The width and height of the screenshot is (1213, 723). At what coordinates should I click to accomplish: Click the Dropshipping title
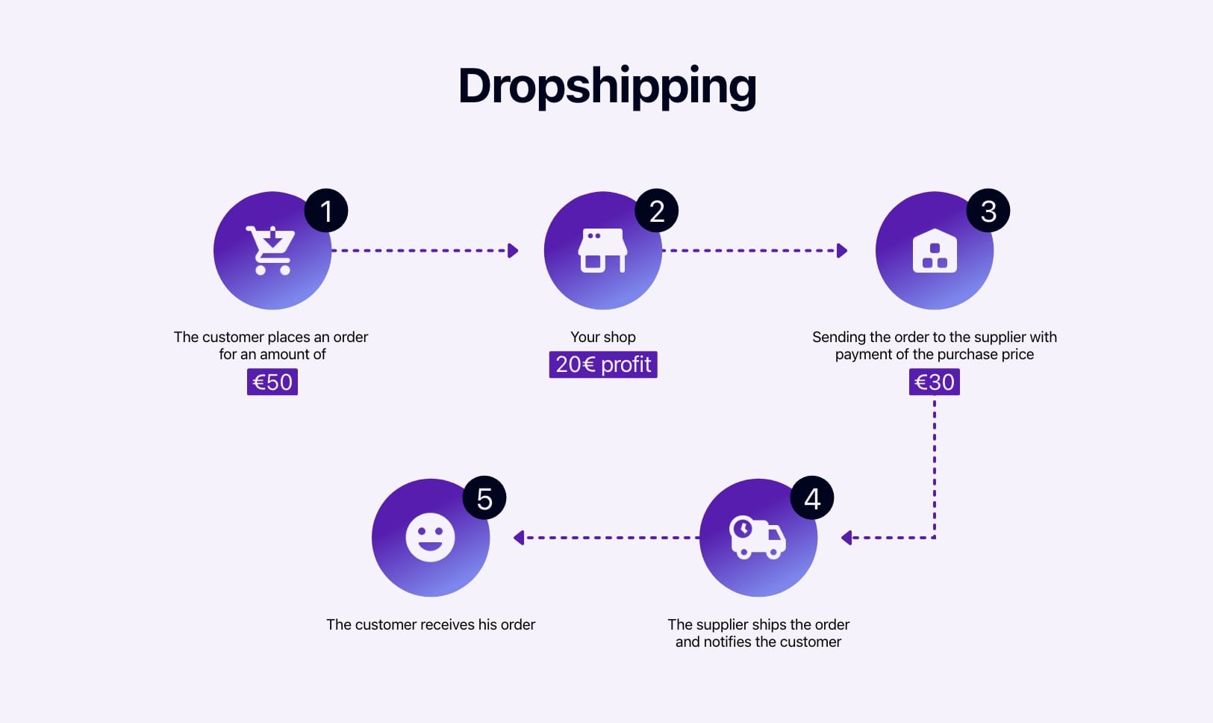coord(607,87)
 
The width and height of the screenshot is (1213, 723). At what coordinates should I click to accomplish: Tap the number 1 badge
coord(326,211)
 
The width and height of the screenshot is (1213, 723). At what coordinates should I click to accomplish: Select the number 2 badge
coord(657,211)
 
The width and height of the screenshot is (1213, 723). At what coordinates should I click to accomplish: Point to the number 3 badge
coord(988,211)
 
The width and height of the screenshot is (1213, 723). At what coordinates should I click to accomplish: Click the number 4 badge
coord(812,498)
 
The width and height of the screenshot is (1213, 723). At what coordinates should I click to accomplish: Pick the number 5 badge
coord(484,498)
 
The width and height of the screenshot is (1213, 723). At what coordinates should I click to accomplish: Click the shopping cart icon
coord(271,251)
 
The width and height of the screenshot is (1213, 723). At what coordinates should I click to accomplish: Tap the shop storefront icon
coord(602,251)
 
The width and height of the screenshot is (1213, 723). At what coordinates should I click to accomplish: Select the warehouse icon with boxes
coord(935,251)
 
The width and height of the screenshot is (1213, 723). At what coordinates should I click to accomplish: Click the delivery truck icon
coord(757,537)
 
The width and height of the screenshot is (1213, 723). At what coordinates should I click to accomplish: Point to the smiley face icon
coord(430,537)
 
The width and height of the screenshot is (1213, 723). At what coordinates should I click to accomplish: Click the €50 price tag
coord(272,382)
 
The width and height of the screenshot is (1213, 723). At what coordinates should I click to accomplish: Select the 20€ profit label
coord(603,364)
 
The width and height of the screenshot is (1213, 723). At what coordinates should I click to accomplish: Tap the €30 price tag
coord(935,382)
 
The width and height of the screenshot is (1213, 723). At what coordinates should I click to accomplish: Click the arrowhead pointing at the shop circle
coord(513,251)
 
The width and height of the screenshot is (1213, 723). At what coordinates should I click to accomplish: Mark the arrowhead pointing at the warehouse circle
coord(843,251)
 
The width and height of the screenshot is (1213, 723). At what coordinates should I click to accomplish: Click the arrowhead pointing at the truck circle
coord(846,538)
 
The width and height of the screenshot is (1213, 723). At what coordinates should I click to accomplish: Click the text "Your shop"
coord(603,337)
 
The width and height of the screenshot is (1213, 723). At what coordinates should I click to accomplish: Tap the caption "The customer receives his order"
coord(431,624)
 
